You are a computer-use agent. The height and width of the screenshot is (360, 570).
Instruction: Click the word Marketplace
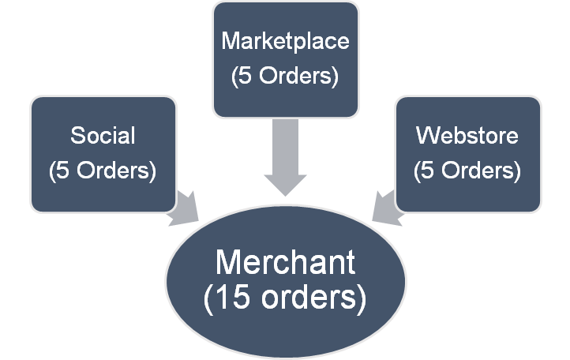pyautogui.click(x=284, y=40)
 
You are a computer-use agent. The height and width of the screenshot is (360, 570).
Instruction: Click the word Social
pyautogui.click(x=103, y=135)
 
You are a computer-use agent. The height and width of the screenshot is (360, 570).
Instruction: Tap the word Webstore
pyautogui.click(x=467, y=135)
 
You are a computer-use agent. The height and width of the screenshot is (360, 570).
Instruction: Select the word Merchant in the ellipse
pyautogui.click(x=285, y=262)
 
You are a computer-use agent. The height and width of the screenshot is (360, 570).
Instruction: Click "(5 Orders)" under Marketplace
pyautogui.click(x=284, y=77)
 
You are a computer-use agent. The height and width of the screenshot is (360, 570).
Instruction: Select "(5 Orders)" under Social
pyautogui.click(x=103, y=170)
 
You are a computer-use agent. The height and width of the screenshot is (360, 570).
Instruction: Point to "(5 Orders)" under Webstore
pyautogui.click(x=467, y=170)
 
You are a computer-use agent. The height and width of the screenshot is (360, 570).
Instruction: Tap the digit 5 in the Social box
pyautogui.click(x=64, y=170)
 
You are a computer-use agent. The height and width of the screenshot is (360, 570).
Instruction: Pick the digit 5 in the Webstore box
pyautogui.click(x=429, y=170)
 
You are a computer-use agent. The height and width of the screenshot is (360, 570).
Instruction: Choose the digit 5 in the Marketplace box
pyautogui.click(x=246, y=77)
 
